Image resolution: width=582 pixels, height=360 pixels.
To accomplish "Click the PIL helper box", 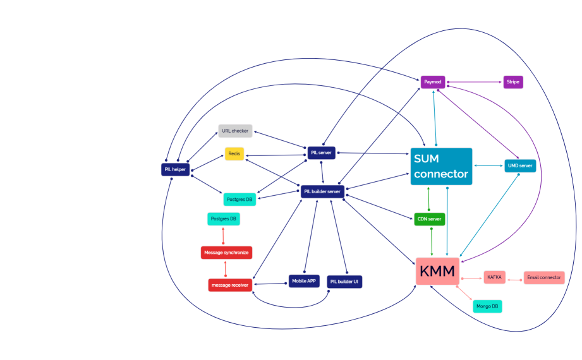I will (x=176, y=169).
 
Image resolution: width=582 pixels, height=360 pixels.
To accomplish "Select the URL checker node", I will (x=235, y=131).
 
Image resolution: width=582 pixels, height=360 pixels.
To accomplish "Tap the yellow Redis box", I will (x=234, y=153).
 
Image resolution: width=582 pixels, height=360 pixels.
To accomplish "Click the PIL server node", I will (x=322, y=153).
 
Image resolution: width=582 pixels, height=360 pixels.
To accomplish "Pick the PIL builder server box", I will (x=322, y=191).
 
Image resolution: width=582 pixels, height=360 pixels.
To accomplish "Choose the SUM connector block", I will (x=441, y=166).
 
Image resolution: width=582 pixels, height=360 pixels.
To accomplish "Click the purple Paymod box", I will (x=433, y=81).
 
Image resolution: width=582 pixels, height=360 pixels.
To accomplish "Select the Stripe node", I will (x=512, y=81).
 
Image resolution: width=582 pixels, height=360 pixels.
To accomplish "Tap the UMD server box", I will (x=520, y=166).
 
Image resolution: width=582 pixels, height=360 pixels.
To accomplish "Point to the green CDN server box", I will (x=430, y=219).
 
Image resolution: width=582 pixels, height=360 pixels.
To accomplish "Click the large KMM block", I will (x=437, y=272).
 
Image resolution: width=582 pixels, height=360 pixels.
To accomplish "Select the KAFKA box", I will (x=494, y=277).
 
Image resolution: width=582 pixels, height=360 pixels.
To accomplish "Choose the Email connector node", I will (x=543, y=277).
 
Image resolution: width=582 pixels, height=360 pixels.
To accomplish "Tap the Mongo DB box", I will (x=487, y=306).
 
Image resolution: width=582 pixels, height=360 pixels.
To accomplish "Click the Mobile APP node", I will (x=305, y=281).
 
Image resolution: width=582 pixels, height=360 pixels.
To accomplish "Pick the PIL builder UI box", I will (x=344, y=282).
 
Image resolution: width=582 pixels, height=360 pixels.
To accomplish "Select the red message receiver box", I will (x=230, y=285).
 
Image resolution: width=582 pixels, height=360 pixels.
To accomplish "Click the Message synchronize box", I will (x=226, y=253).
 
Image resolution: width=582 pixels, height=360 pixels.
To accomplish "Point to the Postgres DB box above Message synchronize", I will (x=224, y=219).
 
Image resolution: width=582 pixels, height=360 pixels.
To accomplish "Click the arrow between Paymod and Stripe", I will (x=474, y=81).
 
